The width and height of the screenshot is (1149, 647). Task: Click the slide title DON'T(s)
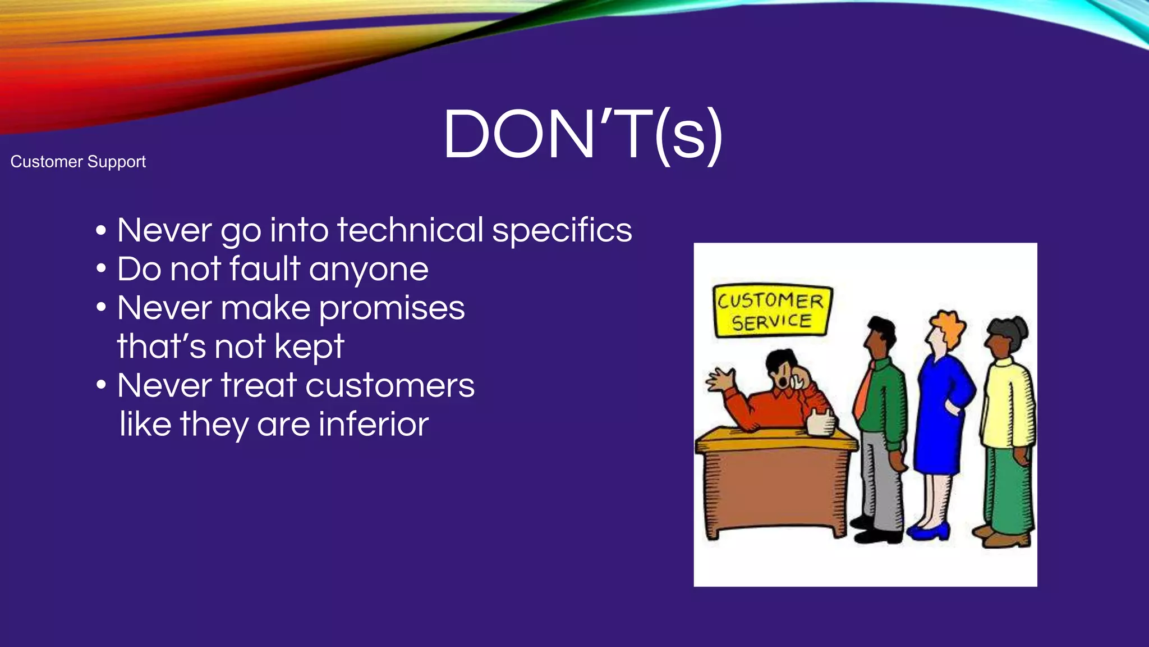(582, 135)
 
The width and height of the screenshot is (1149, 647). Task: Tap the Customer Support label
(78, 162)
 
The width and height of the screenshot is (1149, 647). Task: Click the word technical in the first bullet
(410, 230)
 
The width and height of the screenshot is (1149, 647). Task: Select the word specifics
(562, 231)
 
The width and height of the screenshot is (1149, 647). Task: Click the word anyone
(369, 270)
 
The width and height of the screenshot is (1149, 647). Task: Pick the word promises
(392, 309)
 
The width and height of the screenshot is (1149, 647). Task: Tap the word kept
(309, 347)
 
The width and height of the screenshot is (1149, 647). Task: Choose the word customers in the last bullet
(389, 386)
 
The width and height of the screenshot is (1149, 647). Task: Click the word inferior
(374, 424)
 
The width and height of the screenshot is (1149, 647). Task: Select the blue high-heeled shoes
(929, 531)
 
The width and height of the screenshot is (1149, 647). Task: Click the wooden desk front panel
(774, 489)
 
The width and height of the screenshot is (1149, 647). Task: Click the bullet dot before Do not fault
(101, 269)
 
